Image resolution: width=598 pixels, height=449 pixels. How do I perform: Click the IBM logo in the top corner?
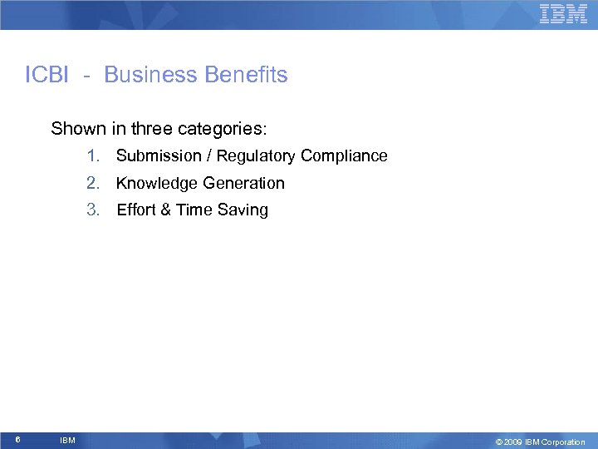[563, 14]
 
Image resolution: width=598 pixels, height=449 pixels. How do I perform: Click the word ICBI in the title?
[49, 75]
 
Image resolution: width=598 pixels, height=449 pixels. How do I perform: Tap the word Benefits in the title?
[246, 75]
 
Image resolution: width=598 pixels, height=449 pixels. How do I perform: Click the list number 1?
[92, 156]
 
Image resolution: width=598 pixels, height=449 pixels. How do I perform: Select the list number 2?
[93, 183]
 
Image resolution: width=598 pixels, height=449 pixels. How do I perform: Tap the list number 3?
[93, 210]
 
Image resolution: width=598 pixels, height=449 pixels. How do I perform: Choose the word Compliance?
[344, 156]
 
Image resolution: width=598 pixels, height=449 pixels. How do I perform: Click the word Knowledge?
[154, 183]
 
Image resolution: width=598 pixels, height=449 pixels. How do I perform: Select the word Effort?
[136, 210]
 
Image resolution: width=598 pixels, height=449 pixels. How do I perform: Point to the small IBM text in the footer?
[67, 440]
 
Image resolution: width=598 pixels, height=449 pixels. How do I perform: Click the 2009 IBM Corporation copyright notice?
[540, 442]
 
